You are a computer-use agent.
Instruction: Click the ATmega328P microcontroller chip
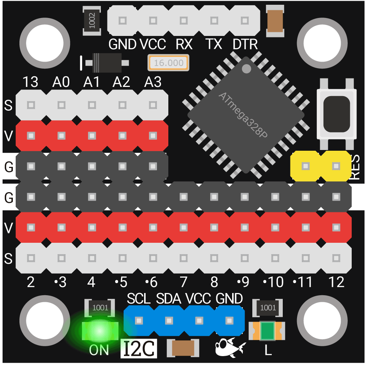(x=246, y=115)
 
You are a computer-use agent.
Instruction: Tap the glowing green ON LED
(x=100, y=331)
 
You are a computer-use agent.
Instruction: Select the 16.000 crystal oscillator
(x=168, y=63)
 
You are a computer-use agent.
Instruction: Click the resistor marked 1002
(x=92, y=21)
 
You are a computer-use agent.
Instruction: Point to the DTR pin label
(x=245, y=44)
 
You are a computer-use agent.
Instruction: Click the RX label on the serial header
(x=184, y=44)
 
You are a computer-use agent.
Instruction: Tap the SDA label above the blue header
(x=168, y=299)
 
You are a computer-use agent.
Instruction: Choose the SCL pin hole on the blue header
(x=139, y=321)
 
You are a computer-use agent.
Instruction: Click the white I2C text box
(x=139, y=349)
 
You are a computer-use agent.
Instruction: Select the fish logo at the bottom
(x=230, y=348)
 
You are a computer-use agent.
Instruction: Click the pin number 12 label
(x=336, y=282)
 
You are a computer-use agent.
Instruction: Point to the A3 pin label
(x=153, y=82)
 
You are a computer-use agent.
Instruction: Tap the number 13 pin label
(x=30, y=82)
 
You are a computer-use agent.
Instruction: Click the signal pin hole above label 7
(x=184, y=258)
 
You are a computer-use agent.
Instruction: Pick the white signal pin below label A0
(x=61, y=105)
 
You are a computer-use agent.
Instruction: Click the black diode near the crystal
(x=107, y=63)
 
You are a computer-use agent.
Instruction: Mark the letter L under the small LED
(x=268, y=350)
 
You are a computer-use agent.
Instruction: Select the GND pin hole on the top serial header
(x=122, y=21)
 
